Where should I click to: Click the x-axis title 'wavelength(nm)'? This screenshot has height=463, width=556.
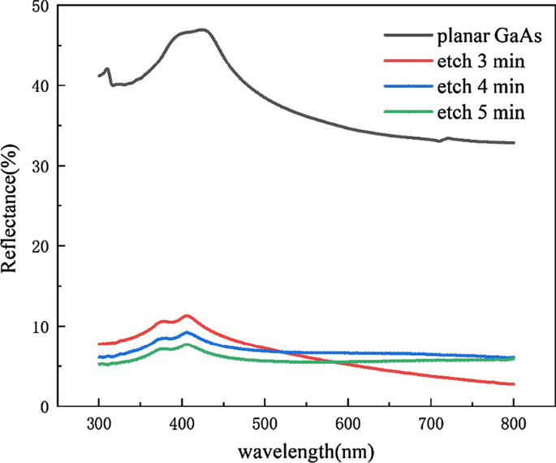pyautogui.click(x=306, y=449)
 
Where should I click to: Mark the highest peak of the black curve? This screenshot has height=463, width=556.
pyautogui.click(x=203, y=30)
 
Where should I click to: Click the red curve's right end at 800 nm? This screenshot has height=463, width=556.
pyautogui.click(x=513, y=384)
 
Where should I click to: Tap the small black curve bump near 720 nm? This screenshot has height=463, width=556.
pyautogui.click(x=446, y=138)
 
